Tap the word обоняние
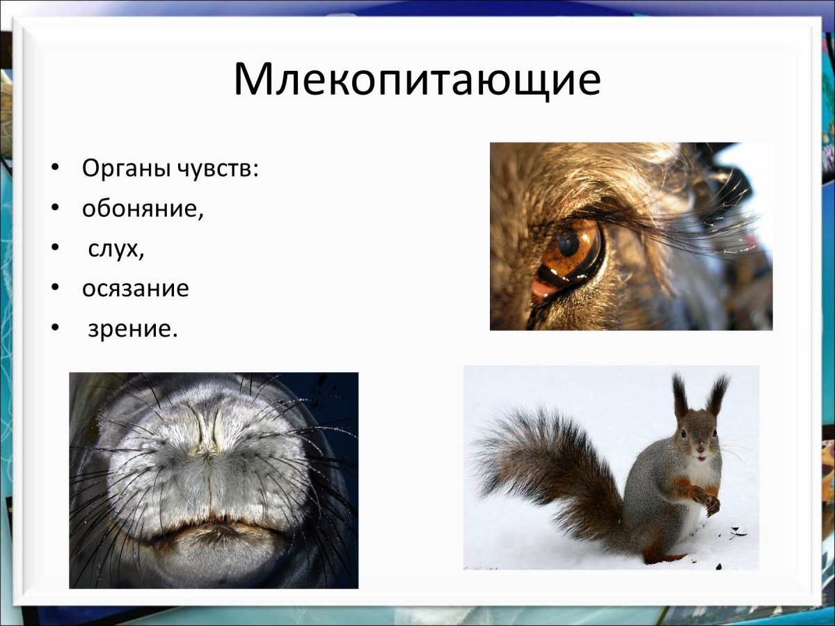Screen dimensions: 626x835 tap(143, 209)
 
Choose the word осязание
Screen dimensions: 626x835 tap(136, 289)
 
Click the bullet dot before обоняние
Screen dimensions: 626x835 tap(55, 209)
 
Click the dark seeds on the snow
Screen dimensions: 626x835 tap(736, 534)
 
